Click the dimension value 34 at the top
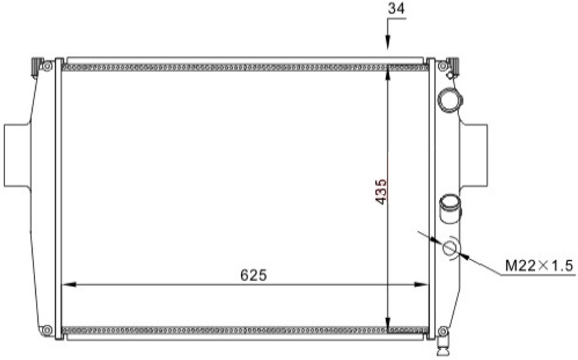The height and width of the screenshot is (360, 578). pos(396,8)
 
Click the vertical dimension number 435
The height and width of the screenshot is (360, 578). pos(381,191)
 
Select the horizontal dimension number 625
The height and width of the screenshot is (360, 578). pos(253,275)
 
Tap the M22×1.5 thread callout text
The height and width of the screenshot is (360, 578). pos(539,265)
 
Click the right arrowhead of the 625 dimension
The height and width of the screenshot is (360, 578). pos(421,284)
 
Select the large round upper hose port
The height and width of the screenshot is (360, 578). pos(449,99)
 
